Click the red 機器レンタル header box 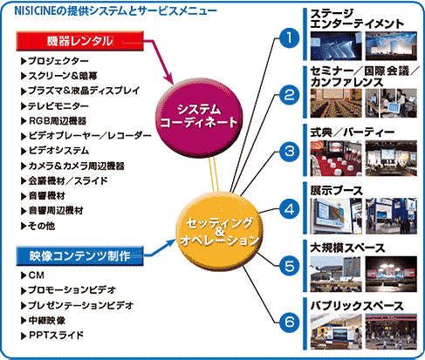click(x=79, y=41)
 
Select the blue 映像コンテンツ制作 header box click(x=79, y=256)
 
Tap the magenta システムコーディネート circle click(x=199, y=118)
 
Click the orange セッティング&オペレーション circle click(x=220, y=232)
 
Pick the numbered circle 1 click(x=289, y=37)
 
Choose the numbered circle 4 click(x=289, y=209)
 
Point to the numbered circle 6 click(x=289, y=322)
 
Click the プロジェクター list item click(x=55, y=61)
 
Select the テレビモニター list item click(x=55, y=105)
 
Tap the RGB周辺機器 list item click(x=54, y=121)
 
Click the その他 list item click(x=38, y=226)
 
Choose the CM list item click(x=32, y=275)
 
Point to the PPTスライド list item click(x=52, y=336)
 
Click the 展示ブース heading click(x=337, y=191)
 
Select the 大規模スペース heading click(x=347, y=248)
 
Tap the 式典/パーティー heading click(x=353, y=132)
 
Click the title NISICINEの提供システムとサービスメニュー click(x=116, y=11)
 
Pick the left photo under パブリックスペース click(x=336, y=331)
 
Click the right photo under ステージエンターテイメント click(x=391, y=46)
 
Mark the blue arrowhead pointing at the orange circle click(x=171, y=243)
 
